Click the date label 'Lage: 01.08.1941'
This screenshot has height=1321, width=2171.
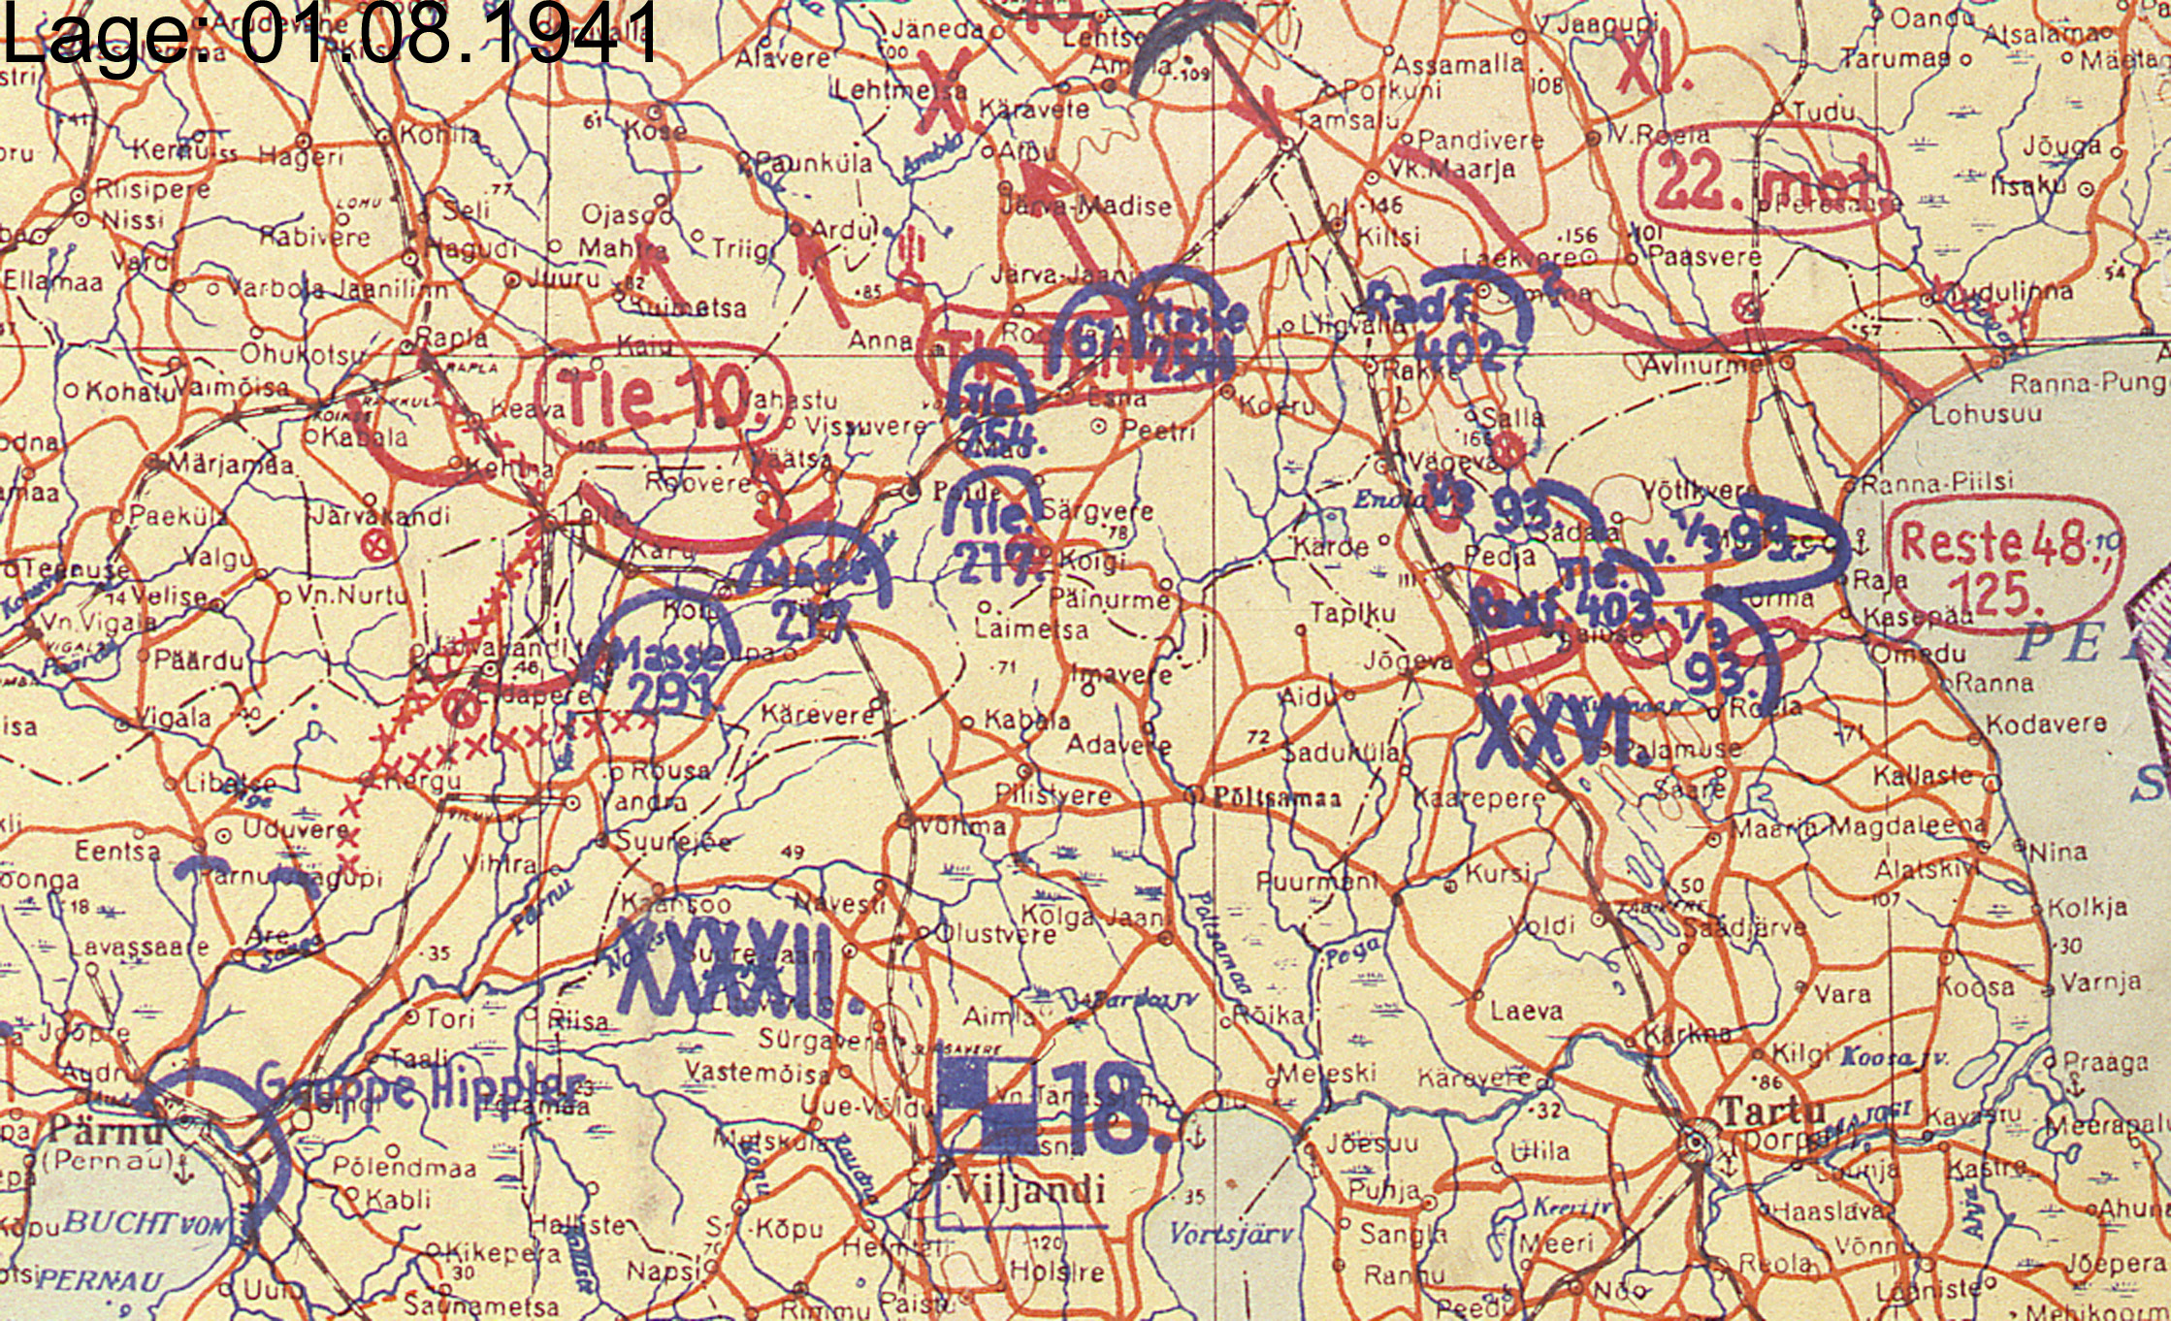(x=330, y=34)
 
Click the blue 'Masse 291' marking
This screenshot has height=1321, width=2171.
(x=669, y=674)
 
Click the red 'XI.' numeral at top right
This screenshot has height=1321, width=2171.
(x=1654, y=68)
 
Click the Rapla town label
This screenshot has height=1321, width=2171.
(x=451, y=338)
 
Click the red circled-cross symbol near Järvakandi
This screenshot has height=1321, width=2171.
(x=378, y=546)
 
